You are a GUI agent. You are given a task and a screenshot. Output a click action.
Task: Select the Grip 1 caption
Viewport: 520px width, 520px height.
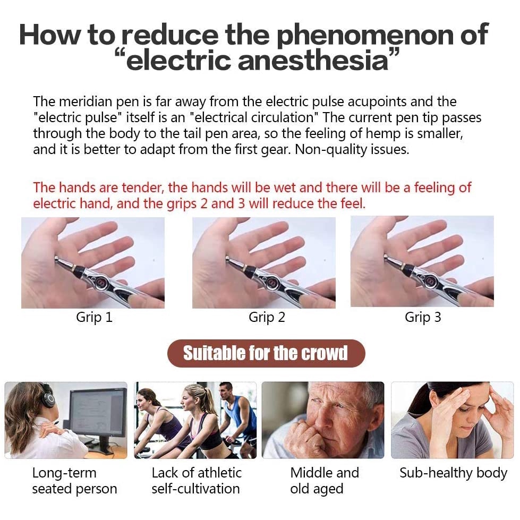(94, 318)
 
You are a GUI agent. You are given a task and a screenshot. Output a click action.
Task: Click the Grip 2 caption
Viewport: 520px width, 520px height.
(267, 318)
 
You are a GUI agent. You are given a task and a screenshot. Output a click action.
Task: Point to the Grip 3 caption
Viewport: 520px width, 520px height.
(423, 318)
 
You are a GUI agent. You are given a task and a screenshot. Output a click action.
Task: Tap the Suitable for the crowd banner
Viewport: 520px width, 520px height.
(266, 353)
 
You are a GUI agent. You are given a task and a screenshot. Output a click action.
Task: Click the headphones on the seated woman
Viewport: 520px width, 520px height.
(48, 396)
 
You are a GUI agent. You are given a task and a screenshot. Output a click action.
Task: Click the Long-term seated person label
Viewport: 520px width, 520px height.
(74, 481)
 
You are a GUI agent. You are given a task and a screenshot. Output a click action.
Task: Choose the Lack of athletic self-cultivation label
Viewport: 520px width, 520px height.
(196, 481)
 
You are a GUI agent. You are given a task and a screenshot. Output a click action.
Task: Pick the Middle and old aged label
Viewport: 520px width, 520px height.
(325, 481)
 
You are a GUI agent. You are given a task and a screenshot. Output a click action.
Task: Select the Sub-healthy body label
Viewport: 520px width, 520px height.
(453, 473)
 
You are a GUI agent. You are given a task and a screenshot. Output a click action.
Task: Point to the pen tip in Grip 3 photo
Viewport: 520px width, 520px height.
(386, 259)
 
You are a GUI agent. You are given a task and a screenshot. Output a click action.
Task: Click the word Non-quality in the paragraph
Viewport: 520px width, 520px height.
(327, 149)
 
